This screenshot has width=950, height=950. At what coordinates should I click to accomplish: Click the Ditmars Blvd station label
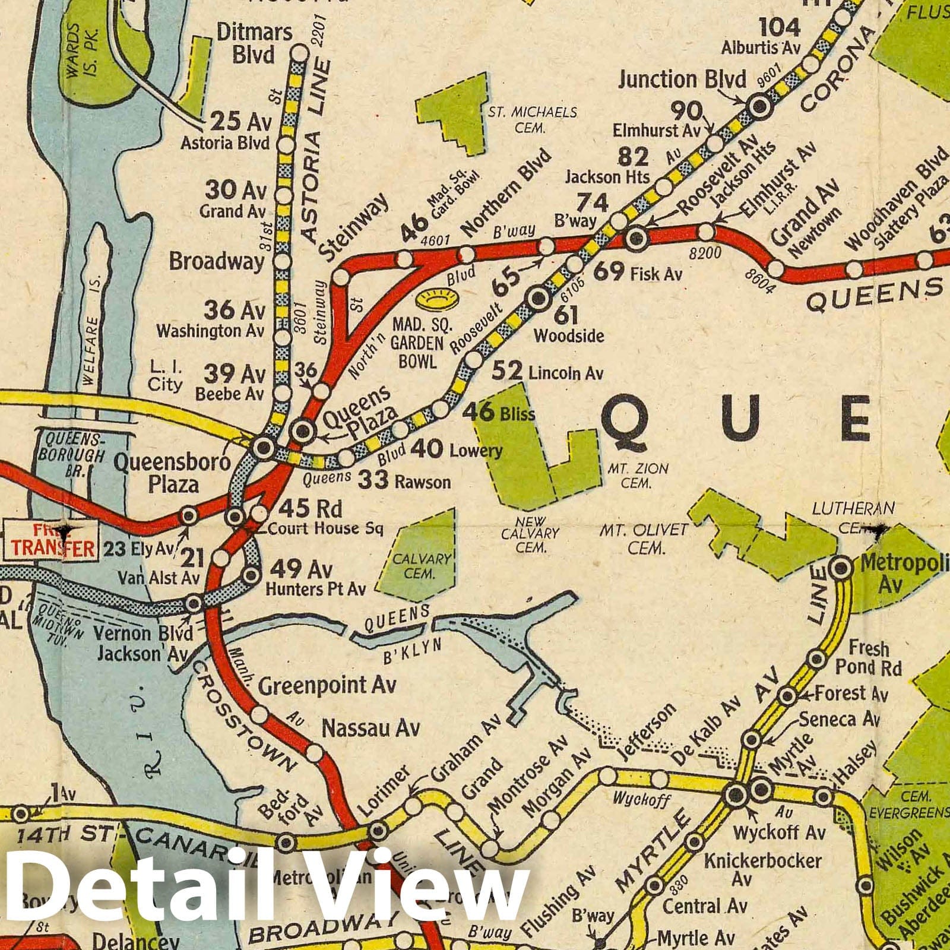click(254, 43)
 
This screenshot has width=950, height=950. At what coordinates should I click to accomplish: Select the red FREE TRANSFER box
click(50, 539)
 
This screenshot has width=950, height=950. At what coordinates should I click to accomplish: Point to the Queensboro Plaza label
click(172, 473)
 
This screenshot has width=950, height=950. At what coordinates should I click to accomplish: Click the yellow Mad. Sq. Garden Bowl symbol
click(434, 299)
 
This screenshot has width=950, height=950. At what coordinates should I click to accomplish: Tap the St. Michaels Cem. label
click(532, 119)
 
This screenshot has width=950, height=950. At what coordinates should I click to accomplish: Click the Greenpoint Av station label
click(327, 686)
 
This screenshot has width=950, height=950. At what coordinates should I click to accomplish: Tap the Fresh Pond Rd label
click(868, 657)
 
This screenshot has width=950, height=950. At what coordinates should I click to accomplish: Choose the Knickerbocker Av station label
click(762, 867)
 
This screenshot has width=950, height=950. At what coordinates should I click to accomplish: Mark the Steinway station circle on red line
click(341, 277)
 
